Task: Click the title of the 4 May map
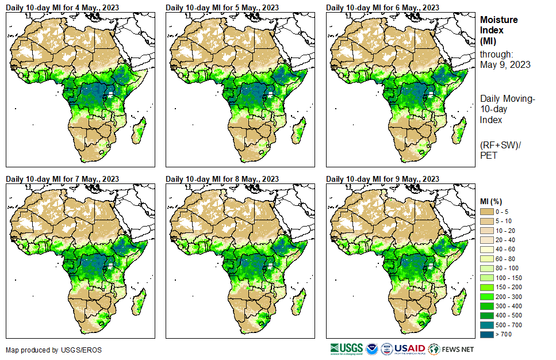[63, 7]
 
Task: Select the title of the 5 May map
[223, 7]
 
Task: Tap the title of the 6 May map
[383, 7]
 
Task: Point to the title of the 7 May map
[63, 179]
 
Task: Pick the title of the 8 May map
[223, 179]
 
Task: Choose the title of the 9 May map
[383, 179]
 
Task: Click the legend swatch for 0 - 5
[487, 212]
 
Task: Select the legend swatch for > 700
[487, 334]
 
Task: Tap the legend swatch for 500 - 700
[487, 325]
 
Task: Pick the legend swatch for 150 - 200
[487, 287]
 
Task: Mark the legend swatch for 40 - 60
[487, 250]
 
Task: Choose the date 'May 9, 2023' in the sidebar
[505, 64]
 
